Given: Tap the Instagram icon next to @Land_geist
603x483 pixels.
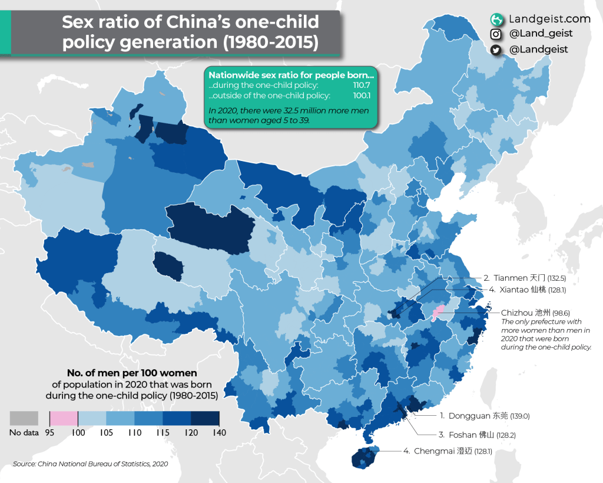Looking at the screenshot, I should pos(496,34).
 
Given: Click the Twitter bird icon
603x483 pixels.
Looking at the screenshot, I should pos(496,50).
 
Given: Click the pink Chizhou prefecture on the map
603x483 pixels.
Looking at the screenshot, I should pos(438,312).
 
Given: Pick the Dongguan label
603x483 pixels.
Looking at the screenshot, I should pos(485,416).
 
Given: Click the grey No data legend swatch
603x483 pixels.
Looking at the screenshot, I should pos(24,418).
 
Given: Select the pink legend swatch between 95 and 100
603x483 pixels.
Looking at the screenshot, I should pos(64,418).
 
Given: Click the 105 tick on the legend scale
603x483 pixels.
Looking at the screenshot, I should pos(106,432).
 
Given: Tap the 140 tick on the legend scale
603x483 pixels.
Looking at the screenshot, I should pos(219,432).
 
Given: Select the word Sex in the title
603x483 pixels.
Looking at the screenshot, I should pos(79,24).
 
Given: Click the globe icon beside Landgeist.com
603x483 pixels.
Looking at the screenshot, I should pos(496,19).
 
